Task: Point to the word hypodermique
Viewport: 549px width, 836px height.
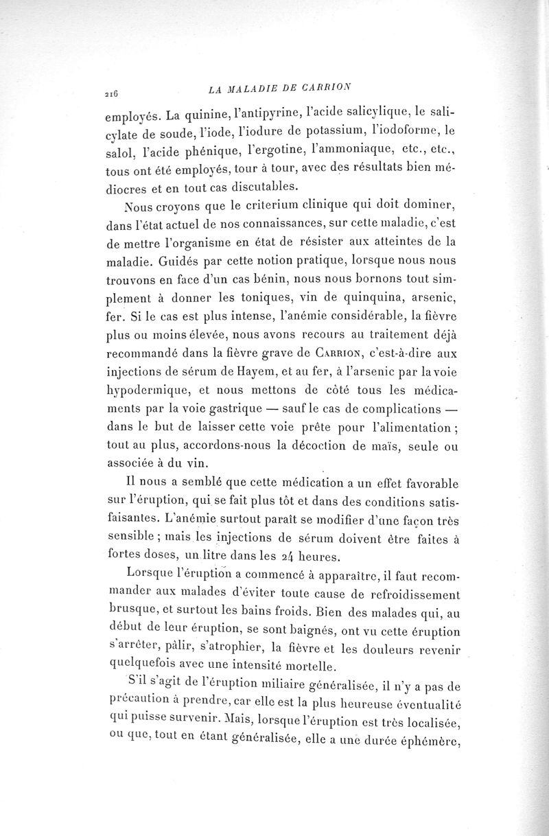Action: [145, 374]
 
